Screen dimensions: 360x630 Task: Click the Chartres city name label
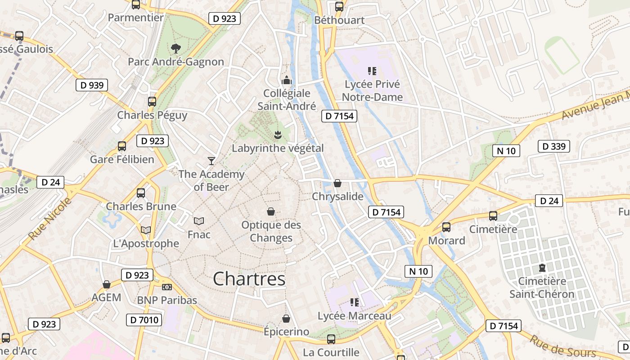pos(249,279)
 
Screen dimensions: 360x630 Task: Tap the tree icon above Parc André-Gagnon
pos(176,48)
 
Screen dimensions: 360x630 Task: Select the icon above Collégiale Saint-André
pos(286,81)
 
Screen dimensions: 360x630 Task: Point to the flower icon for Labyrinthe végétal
pos(278,134)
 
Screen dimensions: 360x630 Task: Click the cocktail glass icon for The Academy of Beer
pos(211,161)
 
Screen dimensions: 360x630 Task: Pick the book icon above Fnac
pos(199,221)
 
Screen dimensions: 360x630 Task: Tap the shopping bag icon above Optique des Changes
pos(271,211)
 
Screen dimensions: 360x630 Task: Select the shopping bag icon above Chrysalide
pos(337,183)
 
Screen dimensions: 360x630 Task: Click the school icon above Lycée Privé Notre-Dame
pos(372,71)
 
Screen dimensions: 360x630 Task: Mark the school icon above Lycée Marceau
pos(354,302)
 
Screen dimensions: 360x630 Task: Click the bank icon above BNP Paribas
pos(167,287)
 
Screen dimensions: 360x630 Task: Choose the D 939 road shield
pos(92,85)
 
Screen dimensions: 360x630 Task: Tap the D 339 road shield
pos(554,146)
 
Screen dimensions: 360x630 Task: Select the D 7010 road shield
pos(144,320)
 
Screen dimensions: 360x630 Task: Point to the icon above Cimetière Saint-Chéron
pos(542,268)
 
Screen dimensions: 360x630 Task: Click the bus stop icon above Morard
pos(446,227)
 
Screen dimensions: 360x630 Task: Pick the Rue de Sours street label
pos(563,346)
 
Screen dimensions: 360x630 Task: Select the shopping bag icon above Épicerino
pos(286,319)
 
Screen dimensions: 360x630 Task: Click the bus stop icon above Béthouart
pos(339,7)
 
